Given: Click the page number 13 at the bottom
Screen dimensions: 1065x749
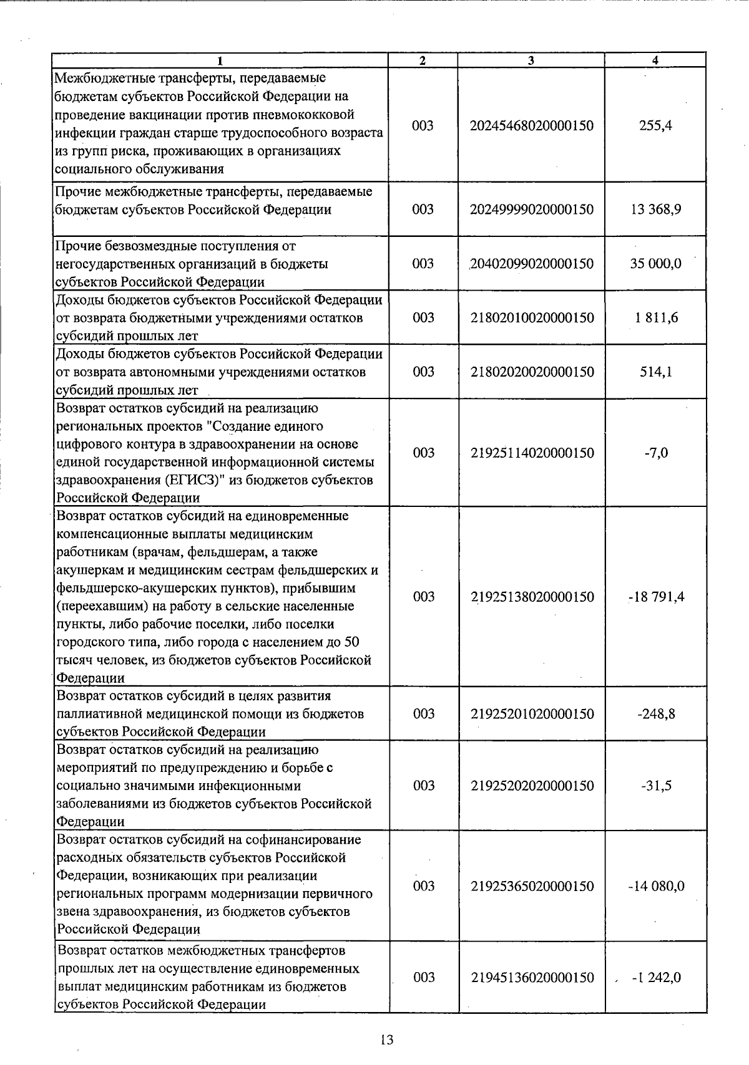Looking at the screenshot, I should pos(386,1039).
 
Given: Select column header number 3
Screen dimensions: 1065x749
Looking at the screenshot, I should pos(531,60).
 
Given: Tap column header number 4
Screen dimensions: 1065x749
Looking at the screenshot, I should pos(655,60).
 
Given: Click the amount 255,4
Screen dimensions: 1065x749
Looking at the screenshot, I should pos(655,125).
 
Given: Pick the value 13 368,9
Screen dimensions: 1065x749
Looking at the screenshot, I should pos(655,210).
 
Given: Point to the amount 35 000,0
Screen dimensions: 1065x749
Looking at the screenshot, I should pos(655,264).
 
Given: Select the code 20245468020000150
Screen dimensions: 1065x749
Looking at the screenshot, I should pos(532,125).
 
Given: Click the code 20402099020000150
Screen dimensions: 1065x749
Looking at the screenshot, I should pos(532,264).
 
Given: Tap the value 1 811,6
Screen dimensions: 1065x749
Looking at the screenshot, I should pos(655,318).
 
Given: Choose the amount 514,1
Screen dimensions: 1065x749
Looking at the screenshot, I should pos(655,372).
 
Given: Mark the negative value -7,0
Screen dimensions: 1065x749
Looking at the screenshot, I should pos(656,453).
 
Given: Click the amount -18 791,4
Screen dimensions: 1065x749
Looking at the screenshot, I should pos(656,597).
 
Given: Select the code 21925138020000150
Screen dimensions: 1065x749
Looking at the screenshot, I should pos(532,597).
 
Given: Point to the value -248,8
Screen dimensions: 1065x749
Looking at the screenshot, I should pos(656,714).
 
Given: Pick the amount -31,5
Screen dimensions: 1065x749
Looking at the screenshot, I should pos(656,786).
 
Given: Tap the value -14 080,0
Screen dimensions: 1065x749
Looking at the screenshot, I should pos(656,886).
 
